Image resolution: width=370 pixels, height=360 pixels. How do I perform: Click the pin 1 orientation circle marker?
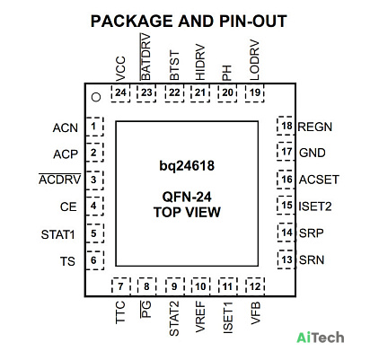[96, 97]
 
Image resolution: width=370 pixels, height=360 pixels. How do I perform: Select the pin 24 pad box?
[120, 93]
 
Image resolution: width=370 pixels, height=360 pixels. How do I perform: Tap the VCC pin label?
[120, 69]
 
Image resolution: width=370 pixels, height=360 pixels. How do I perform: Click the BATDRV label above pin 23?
[145, 57]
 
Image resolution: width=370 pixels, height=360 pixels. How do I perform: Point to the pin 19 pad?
[255, 93]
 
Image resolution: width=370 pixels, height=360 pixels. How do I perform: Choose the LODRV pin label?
[254, 60]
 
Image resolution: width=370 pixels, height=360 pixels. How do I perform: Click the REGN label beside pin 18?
[315, 127]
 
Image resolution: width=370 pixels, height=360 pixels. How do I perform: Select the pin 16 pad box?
[286, 180]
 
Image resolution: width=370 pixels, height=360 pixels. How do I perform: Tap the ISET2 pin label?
[315, 206]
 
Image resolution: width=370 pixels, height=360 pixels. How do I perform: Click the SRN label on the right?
[312, 259]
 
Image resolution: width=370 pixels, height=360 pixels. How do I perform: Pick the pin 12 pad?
[255, 286]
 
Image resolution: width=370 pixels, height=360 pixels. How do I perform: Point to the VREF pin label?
[200, 317]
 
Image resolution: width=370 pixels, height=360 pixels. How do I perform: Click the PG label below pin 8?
[145, 309]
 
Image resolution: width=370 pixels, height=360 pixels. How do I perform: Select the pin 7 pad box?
[121, 286]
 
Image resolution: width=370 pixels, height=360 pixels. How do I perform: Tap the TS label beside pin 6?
[67, 261]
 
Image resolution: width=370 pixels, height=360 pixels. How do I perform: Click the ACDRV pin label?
[60, 180]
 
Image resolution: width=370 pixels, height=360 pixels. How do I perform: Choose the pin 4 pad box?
[94, 206]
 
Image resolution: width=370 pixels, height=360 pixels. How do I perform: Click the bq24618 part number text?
[187, 165]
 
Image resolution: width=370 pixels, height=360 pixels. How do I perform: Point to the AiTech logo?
[321, 338]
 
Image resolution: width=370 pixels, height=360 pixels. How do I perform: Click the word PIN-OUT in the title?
[253, 22]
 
